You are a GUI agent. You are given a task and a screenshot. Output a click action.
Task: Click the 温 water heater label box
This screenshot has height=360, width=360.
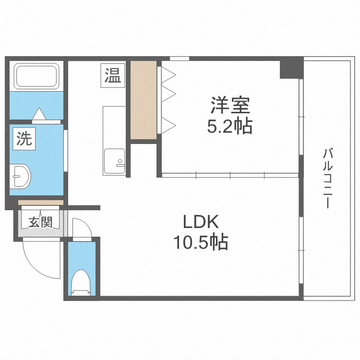(x=113, y=75)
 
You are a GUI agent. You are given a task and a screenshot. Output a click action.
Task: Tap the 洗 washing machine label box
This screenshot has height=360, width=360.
(x=23, y=139)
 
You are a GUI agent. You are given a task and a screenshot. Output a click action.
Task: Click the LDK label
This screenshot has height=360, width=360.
(x=201, y=222)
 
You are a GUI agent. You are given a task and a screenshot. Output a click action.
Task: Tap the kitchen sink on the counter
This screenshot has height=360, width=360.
(x=114, y=161)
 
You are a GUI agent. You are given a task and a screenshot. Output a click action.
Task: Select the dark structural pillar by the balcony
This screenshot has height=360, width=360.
(x=291, y=68)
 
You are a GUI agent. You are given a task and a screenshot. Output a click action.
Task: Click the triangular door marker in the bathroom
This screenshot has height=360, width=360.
(x=39, y=114)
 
